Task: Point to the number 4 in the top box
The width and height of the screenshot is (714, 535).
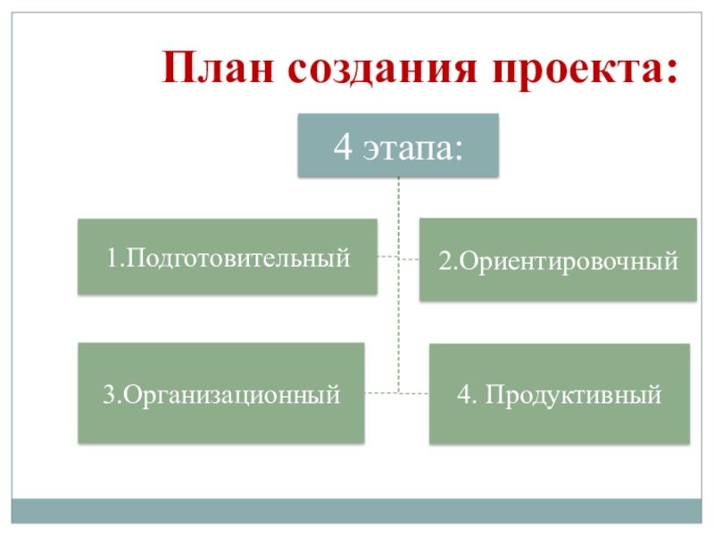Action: [x=343, y=144]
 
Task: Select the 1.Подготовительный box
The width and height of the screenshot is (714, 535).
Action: [x=227, y=257]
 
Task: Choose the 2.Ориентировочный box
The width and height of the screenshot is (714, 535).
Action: [x=558, y=260]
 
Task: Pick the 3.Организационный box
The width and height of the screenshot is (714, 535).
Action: [x=220, y=392]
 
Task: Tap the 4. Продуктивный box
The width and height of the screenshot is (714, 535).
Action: [x=560, y=393]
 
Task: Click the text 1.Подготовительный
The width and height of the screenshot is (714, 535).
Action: [x=227, y=259]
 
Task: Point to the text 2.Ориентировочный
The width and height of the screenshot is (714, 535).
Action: [x=558, y=262]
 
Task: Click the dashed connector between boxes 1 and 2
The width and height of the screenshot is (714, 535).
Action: [x=399, y=259]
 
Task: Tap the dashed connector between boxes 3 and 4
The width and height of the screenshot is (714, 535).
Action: [x=397, y=392]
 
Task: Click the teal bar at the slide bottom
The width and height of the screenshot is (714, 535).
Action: [x=357, y=510]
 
